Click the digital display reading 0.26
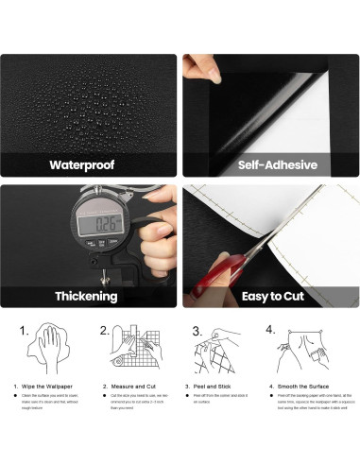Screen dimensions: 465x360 click(99, 226)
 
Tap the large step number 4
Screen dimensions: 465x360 click(271, 331)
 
